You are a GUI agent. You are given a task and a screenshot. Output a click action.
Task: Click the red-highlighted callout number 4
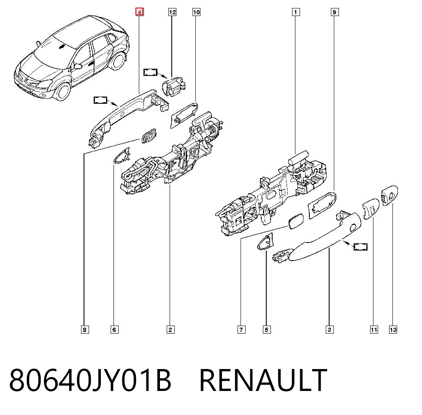[x=139, y=12]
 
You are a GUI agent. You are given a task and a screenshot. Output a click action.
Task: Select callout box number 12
[x=172, y=12]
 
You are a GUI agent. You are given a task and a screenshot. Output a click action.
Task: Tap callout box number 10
[x=197, y=12]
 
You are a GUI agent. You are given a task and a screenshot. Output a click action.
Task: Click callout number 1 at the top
[x=296, y=12]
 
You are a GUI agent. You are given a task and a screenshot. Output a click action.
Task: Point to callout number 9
[x=335, y=12]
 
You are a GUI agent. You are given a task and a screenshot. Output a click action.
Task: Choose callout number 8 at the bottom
[x=85, y=330]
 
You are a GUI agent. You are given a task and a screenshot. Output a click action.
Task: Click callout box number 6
[x=114, y=330]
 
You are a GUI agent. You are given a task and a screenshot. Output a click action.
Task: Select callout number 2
[x=170, y=330]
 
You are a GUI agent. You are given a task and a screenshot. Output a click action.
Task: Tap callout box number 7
[x=241, y=330]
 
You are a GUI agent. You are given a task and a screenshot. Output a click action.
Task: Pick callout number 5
[x=267, y=330]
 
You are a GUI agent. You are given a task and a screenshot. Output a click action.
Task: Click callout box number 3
[x=330, y=330]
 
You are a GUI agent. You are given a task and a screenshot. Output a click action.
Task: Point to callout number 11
[x=374, y=330]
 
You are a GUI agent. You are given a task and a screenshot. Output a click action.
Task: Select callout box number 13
[x=393, y=330]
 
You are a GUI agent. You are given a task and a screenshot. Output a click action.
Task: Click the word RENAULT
[x=263, y=380]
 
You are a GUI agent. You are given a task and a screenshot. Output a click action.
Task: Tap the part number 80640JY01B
[x=90, y=380]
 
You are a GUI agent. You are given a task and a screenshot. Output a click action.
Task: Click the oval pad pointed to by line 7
[x=295, y=221]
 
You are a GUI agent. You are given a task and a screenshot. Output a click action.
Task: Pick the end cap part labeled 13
[x=390, y=195]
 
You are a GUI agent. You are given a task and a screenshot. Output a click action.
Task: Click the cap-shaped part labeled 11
[x=371, y=209]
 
